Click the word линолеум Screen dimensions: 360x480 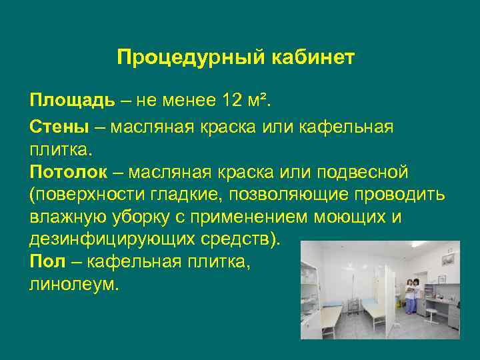pyautogui.click(x=73, y=284)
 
